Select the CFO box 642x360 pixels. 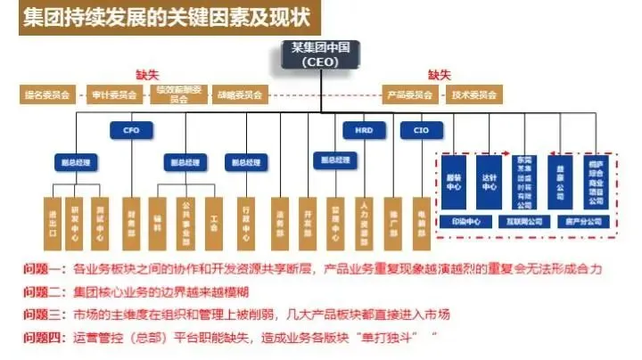[131, 129]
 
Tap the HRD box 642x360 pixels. [364, 129]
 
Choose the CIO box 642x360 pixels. [420, 129]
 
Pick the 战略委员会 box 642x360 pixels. [242, 94]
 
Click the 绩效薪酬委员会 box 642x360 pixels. [178, 94]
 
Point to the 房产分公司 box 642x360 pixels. [580, 219]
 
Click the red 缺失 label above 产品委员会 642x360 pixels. [439, 75]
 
